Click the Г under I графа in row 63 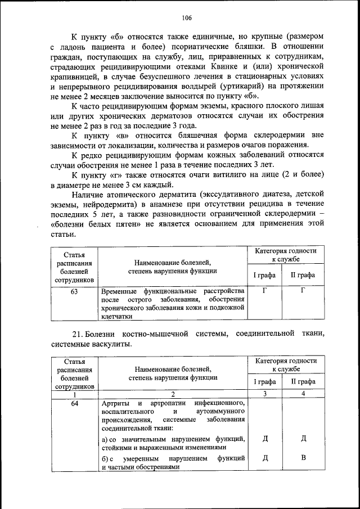click(264, 291)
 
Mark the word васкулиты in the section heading click(111, 345)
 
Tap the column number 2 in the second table click(173, 394)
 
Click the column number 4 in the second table click(303, 394)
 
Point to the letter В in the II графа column click(303, 457)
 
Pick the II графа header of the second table click(302, 382)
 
